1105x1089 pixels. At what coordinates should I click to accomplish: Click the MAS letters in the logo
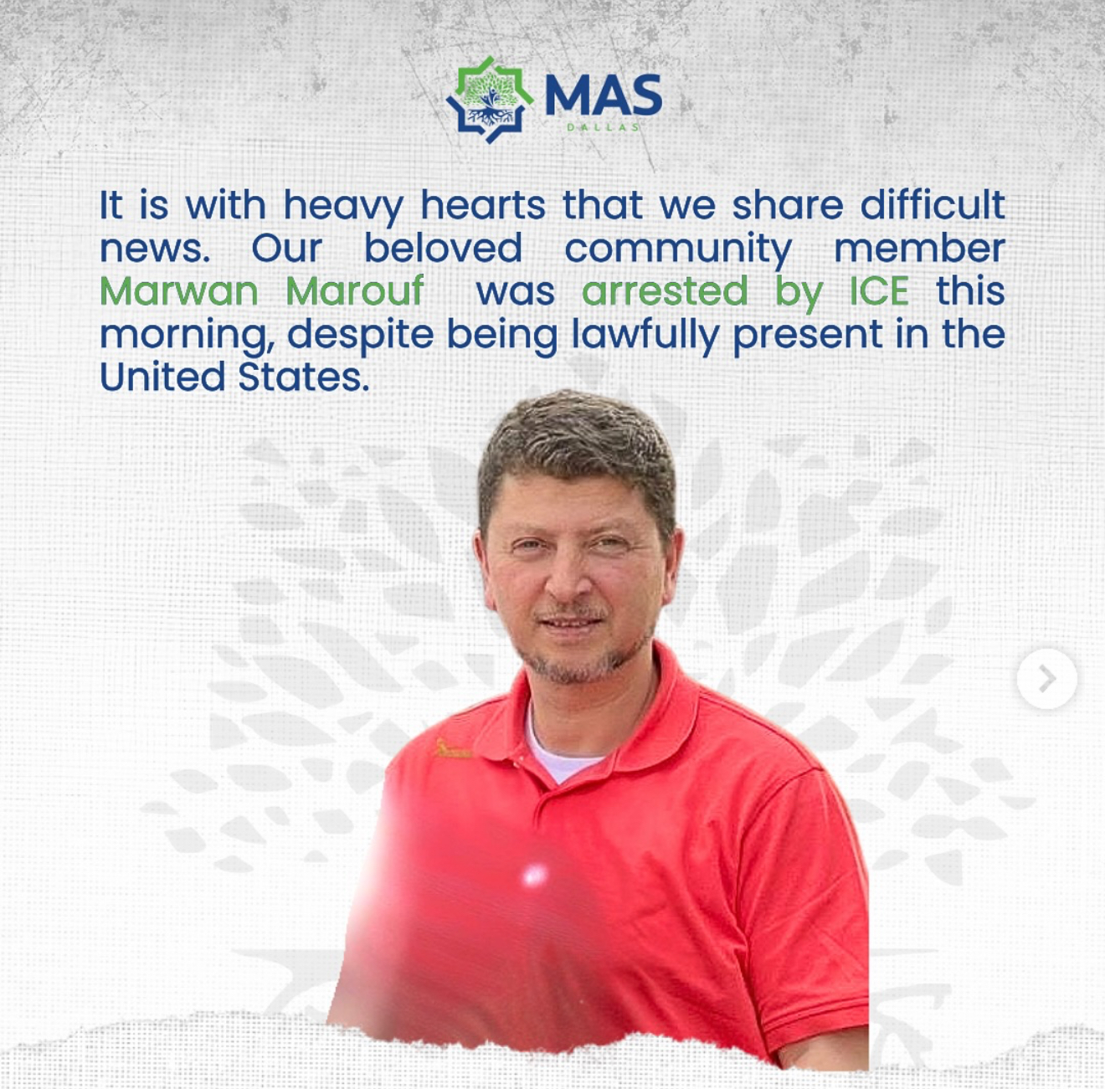tap(604, 95)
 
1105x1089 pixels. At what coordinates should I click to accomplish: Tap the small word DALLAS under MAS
tap(604, 127)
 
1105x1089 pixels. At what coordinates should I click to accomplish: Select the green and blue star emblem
tap(489, 100)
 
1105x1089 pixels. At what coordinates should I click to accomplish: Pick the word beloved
tap(444, 248)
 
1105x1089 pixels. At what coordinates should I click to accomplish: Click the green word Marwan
tap(179, 290)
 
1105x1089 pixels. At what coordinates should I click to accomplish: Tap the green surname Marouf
tap(355, 290)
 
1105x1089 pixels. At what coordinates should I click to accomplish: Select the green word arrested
tap(665, 291)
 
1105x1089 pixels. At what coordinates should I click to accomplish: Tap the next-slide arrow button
tap(1047, 678)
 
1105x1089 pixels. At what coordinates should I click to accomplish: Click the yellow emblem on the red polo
tap(453, 749)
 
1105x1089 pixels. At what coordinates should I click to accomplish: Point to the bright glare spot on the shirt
tap(534, 875)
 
